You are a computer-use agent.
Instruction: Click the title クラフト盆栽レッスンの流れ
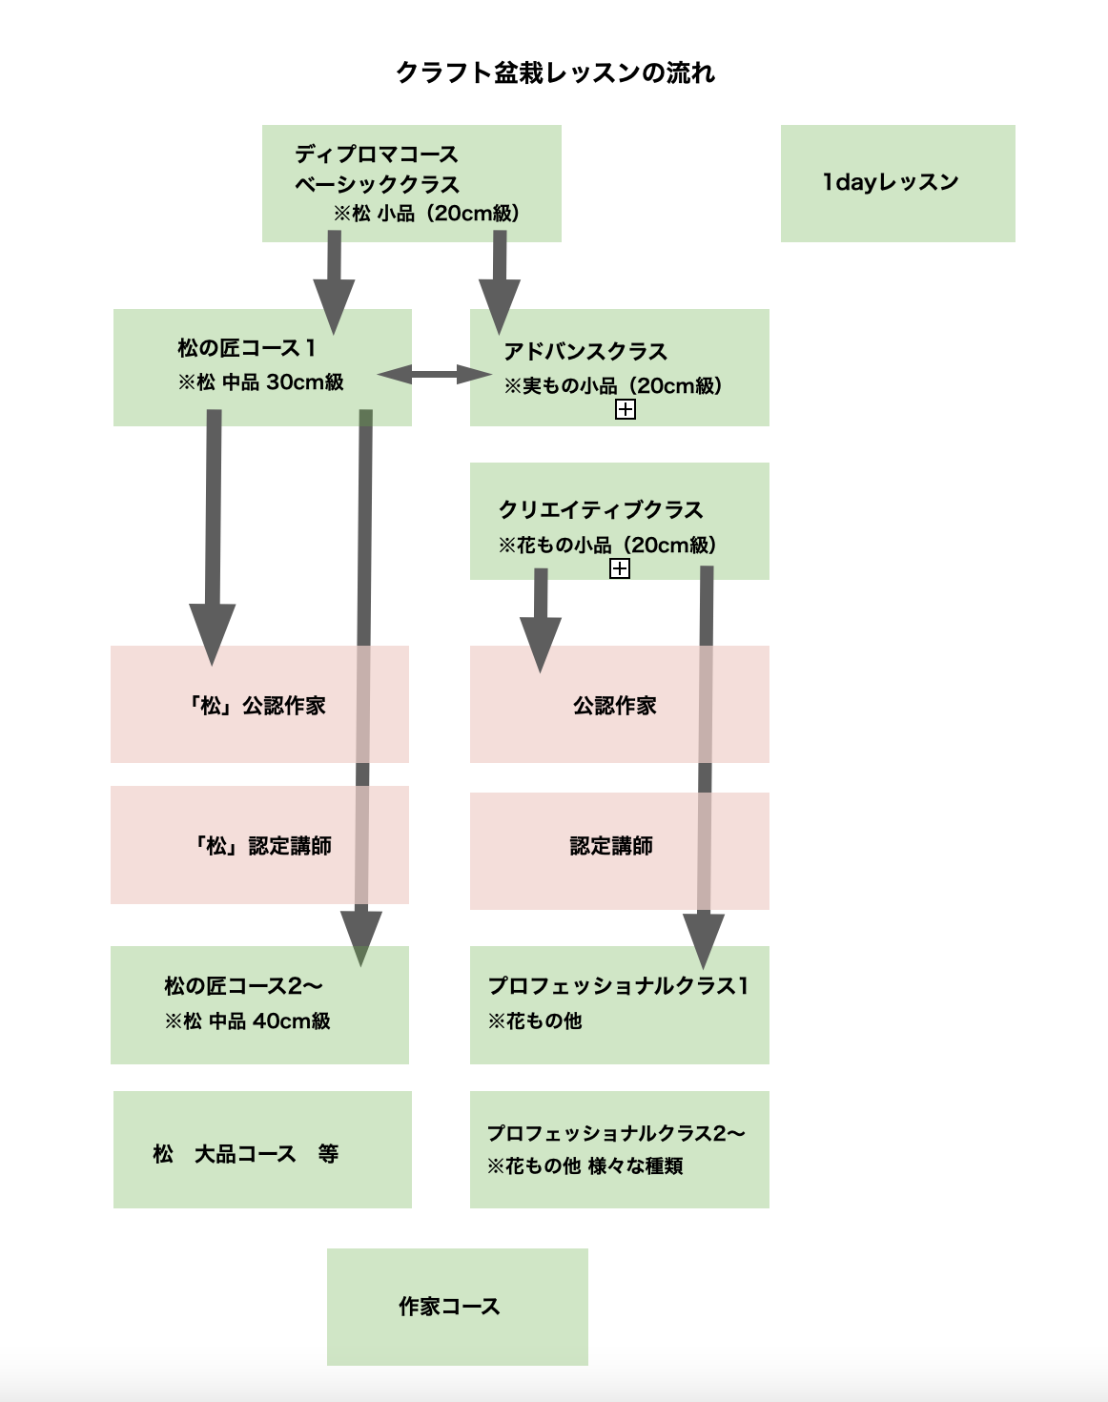(x=555, y=72)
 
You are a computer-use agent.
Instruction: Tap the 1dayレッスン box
(x=891, y=182)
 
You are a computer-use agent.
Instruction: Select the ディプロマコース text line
(x=377, y=154)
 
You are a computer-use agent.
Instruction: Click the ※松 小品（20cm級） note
(x=426, y=213)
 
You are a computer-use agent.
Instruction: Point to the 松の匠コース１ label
(x=247, y=347)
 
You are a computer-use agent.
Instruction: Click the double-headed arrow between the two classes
(x=434, y=375)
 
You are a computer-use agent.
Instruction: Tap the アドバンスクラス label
(x=585, y=351)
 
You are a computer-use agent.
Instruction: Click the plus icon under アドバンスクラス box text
(x=626, y=409)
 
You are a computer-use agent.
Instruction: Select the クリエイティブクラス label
(x=601, y=509)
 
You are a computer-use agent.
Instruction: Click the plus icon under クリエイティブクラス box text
(x=620, y=568)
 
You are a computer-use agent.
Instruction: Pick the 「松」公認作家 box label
(x=256, y=706)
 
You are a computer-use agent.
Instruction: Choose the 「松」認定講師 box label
(x=262, y=846)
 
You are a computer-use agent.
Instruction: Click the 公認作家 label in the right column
(x=615, y=706)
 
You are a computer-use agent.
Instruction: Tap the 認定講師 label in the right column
(x=611, y=846)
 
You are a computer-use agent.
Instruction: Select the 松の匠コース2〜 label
(x=243, y=985)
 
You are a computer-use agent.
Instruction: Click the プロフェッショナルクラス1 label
(x=619, y=985)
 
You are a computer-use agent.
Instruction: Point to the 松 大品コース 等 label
(x=246, y=1154)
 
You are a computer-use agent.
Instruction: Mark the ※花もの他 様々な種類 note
(x=585, y=1165)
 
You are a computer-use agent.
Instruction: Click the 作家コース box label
(x=449, y=1307)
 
